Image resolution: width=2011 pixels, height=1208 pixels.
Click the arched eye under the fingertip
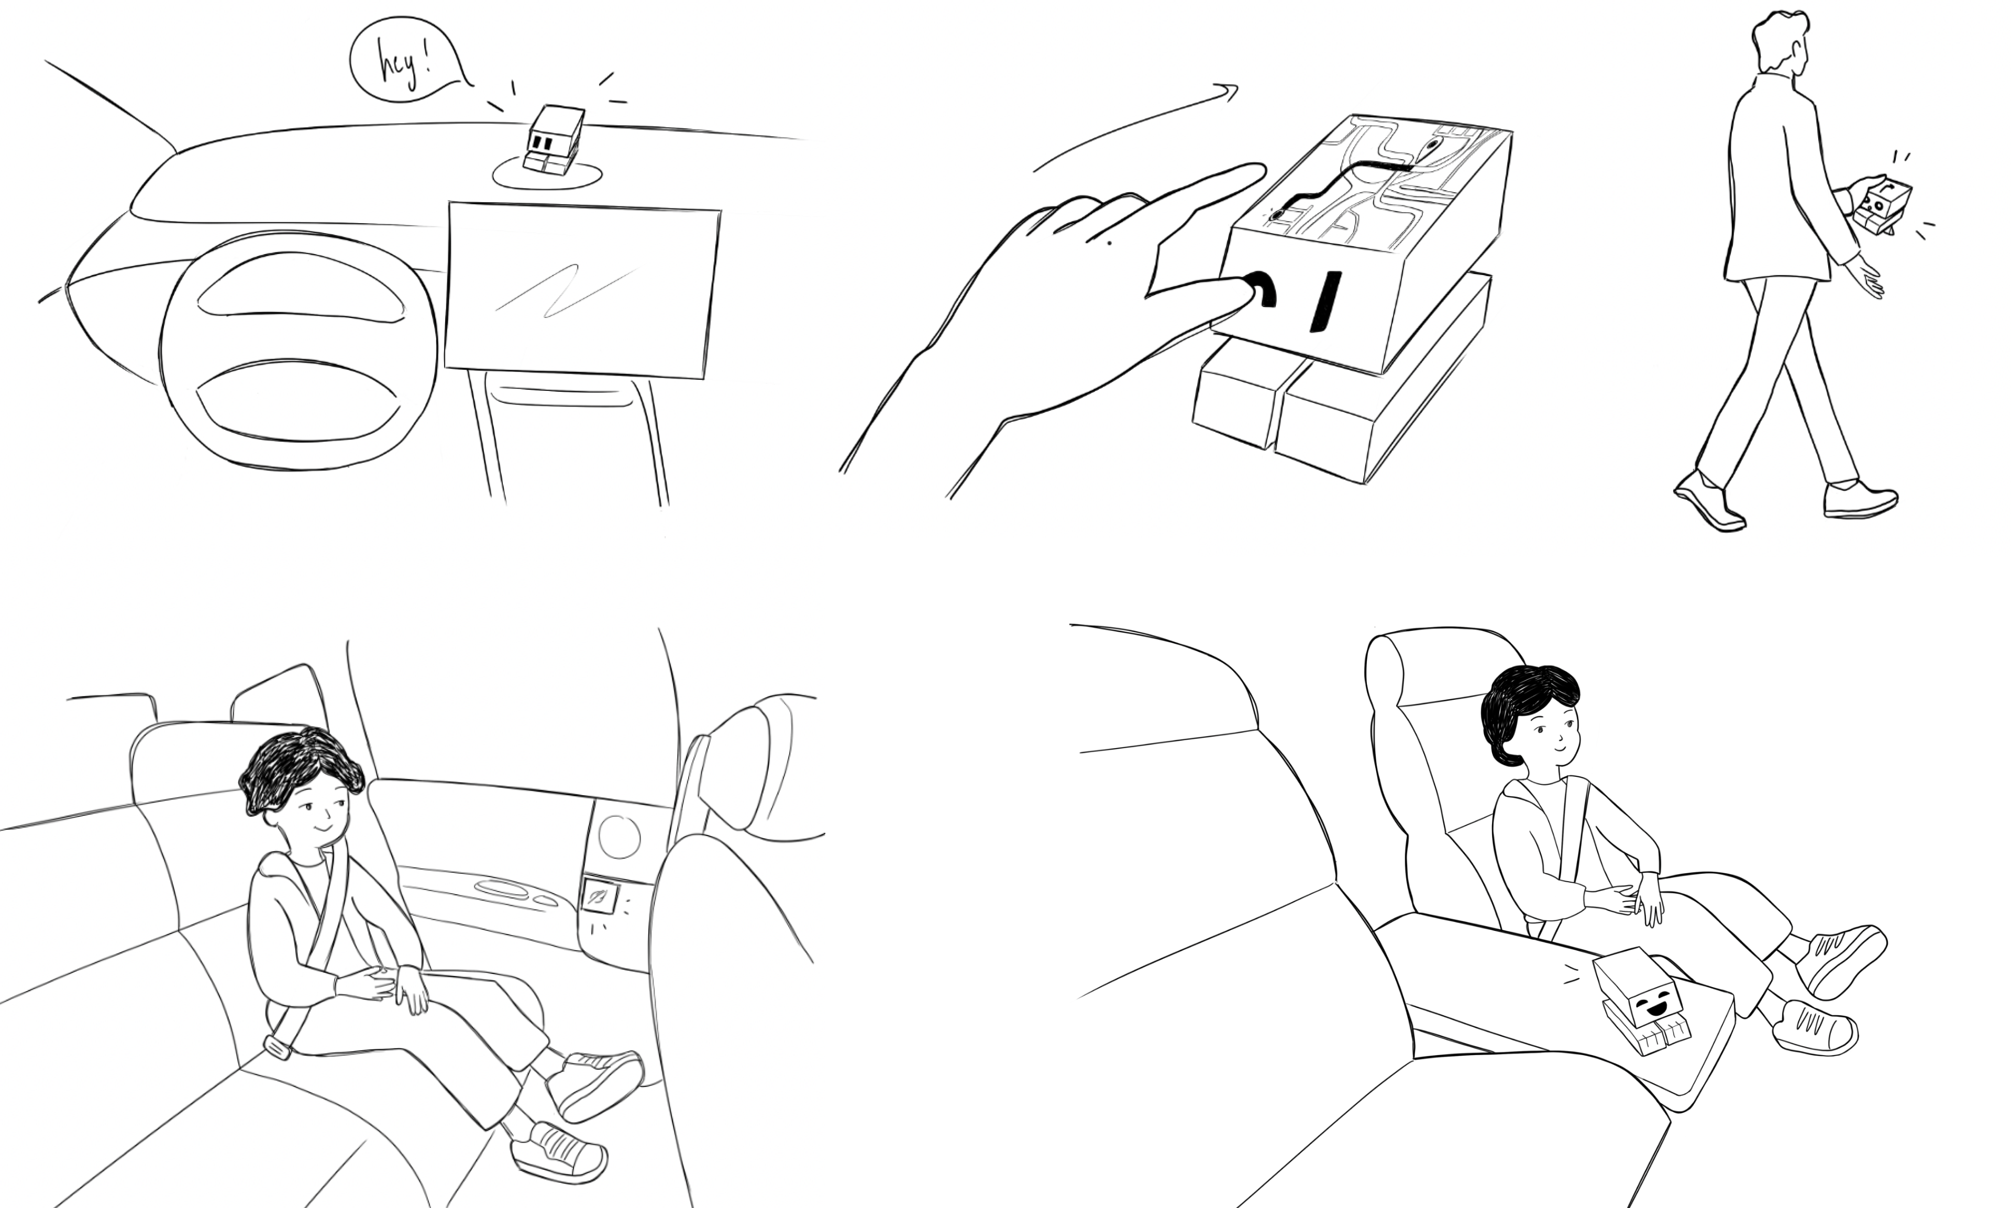point(1261,289)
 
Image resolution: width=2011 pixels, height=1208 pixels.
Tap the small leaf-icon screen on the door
point(600,897)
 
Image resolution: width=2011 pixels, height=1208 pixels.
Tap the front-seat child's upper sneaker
point(1840,961)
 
